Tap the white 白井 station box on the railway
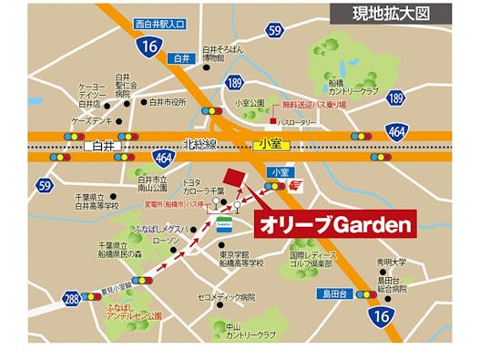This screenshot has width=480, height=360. pos(99,145)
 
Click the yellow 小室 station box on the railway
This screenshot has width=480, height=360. pos(272,145)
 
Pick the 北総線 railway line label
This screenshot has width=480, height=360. pos(199,144)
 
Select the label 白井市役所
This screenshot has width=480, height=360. pos(167,102)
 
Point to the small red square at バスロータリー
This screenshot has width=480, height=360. pos(272,120)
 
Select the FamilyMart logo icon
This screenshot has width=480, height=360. pos(223,222)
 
